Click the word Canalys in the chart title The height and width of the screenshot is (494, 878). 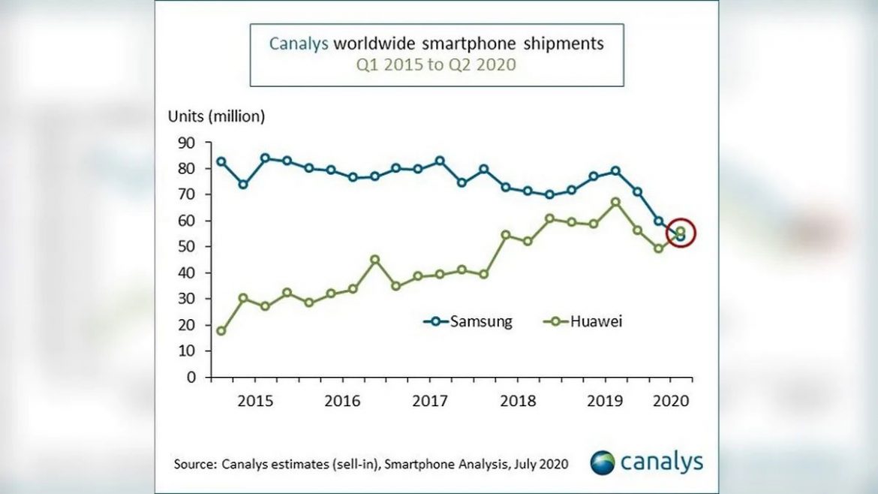[299, 44]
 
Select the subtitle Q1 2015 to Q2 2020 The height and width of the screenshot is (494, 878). [436, 65]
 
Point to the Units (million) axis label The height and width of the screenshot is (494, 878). [216, 116]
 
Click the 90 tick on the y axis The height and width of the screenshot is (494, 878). [187, 143]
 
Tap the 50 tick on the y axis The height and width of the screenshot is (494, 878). [187, 247]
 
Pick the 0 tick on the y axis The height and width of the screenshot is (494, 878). [191, 377]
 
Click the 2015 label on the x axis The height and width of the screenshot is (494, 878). [254, 400]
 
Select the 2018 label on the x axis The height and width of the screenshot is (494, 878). [518, 400]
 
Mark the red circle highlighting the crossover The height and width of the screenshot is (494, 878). [681, 234]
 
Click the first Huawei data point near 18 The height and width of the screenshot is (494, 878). [221, 331]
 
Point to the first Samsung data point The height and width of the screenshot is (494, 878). [221, 161]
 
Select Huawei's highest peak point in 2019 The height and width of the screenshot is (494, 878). [615, 202]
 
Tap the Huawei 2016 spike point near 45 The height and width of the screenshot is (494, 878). [375, 260]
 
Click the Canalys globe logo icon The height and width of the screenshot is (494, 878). [603, 462]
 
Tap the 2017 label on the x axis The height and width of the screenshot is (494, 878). [430, 400]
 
